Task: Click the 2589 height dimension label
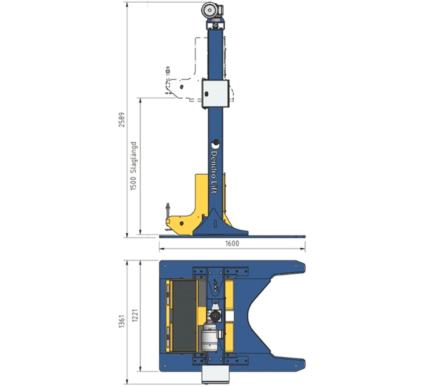[x=122, y=120]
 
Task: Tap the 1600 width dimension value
[x=232, y=243]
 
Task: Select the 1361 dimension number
[x=122, y=321]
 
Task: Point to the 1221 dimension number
[x=135, y=316]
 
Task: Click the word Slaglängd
[x=133, y=157]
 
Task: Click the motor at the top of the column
[x=212, y=11]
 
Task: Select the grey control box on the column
[x=215, y=94]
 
